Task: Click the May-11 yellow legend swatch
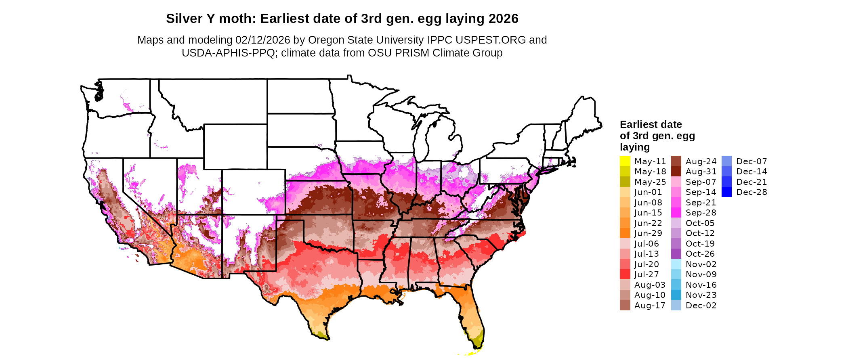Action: pyautogui.click(x=625, y=161)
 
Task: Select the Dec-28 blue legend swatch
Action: pyautogui.click(x=726, y=192)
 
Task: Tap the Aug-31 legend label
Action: pyautogui.click(x=701, y=172)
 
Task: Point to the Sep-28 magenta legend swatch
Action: pyautogui.click(x=676, y=213)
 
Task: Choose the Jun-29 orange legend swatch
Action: pyautogui.click(x=625, y=233)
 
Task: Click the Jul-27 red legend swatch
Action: pyautogui.click(x=625, y=274)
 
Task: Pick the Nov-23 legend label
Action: pyautogui.click(x=701, y=295)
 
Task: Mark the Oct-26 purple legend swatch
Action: pyautogui.click(x=676, y=254)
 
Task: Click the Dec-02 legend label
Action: pyautogui.click(x=701, y=306)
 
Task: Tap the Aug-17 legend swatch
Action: pyautogui.click(x=625, y=306)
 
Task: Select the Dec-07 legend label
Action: pyautogui.click(x=751, y=161)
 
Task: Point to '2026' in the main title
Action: pyautogui.click(x=503, y=19)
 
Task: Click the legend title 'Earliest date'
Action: pyautogui.click(x=651, y=124)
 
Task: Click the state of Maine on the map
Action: pyautogui.click(x=584, y=117)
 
